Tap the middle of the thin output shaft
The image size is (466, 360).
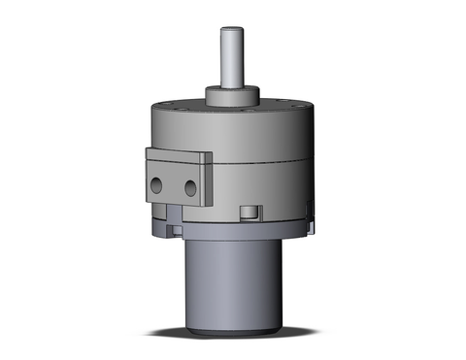coord(231,63)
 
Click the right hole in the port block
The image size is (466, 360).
coord(191,184)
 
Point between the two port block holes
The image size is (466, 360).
coord(176,184)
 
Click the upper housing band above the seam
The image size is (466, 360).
coord(262,146)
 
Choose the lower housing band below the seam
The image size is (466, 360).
coord(272,189)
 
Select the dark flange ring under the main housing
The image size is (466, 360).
coord(233,228)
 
